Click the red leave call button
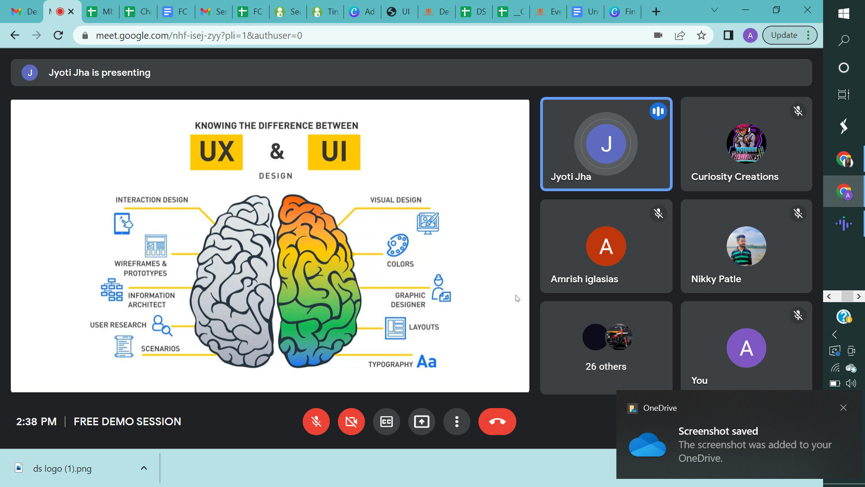497,422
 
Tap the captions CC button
387,422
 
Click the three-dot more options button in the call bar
457,422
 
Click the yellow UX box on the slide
216,152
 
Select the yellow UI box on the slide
334,152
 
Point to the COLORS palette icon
397,245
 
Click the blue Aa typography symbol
426,362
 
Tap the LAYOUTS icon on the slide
395,328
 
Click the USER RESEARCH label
118,325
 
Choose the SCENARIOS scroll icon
123,346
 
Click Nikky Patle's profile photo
746,246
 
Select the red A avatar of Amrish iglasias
606,246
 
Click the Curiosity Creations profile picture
746,144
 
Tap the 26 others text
606,367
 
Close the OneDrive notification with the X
843,408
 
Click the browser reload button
58,35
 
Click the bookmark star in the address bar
701,35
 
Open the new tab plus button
656,12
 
